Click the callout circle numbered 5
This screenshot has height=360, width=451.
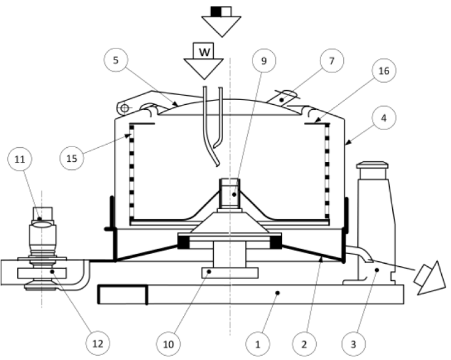click(x=116, y=61)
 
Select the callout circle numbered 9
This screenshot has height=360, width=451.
click(x=264, y=61)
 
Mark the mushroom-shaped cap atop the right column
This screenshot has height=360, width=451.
click(x=373, y=164)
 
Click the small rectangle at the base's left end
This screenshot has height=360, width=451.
click(x=123, y=294)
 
